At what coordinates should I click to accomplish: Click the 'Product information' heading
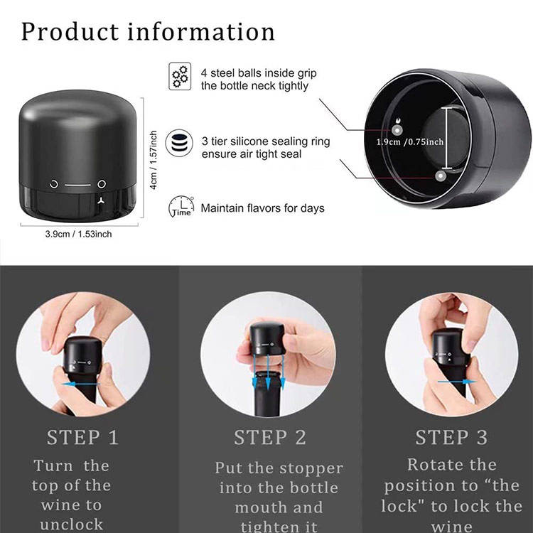pyautogui.click(x=148, y=31)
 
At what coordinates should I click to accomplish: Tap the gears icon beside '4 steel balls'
pyautogui.click(x=180, y=77)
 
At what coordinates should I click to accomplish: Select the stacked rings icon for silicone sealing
pyautogui.click(x=179, y=143)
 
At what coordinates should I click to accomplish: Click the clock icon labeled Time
pyautogui.click(x=181, y=206)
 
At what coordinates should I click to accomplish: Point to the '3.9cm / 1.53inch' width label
pyautogui.click(x=78, y=235)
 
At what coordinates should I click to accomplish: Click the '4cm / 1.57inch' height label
pyautogui.click(x=154, y=160)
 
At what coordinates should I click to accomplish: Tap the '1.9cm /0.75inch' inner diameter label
pyautogui.click(x=410, y=141)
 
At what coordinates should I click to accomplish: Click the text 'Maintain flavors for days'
pyautogui.click(x=262, y=208)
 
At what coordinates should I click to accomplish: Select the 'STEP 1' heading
pyautogui.click(x=82, y=437)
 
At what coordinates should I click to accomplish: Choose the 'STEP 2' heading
pyautogui.click(x=270, y=437)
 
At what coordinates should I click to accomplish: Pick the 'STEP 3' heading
pyautogui.click(x=451, y=437)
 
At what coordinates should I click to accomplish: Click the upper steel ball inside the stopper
pyautogui.click(x=397, y=130)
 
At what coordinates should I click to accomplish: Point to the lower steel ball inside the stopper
pyautogui.click(x=441, y=176)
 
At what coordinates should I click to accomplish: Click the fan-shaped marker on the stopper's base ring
pyautogui.click(x=101, y=201)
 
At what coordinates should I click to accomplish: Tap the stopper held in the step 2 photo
pyautogui.click(x=266, y=339)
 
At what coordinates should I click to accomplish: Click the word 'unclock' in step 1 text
pyautogui.click(x=71, y=524)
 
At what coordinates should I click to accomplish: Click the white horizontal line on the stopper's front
pyautogui.click(x=78, y=185)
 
